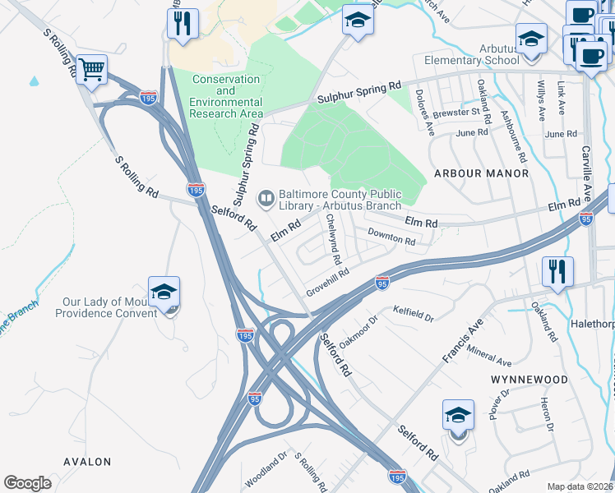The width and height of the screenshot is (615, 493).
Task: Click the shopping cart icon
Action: pos(91,68)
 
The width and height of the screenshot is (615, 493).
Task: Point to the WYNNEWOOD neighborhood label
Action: pos(529,380)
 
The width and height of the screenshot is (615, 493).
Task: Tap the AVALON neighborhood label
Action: pos(87,462)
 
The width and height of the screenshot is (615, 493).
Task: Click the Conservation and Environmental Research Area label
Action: pos(226,96)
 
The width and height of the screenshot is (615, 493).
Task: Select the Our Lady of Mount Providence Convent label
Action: pos(109,307)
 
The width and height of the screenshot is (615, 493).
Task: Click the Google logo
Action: pos(27,483)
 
